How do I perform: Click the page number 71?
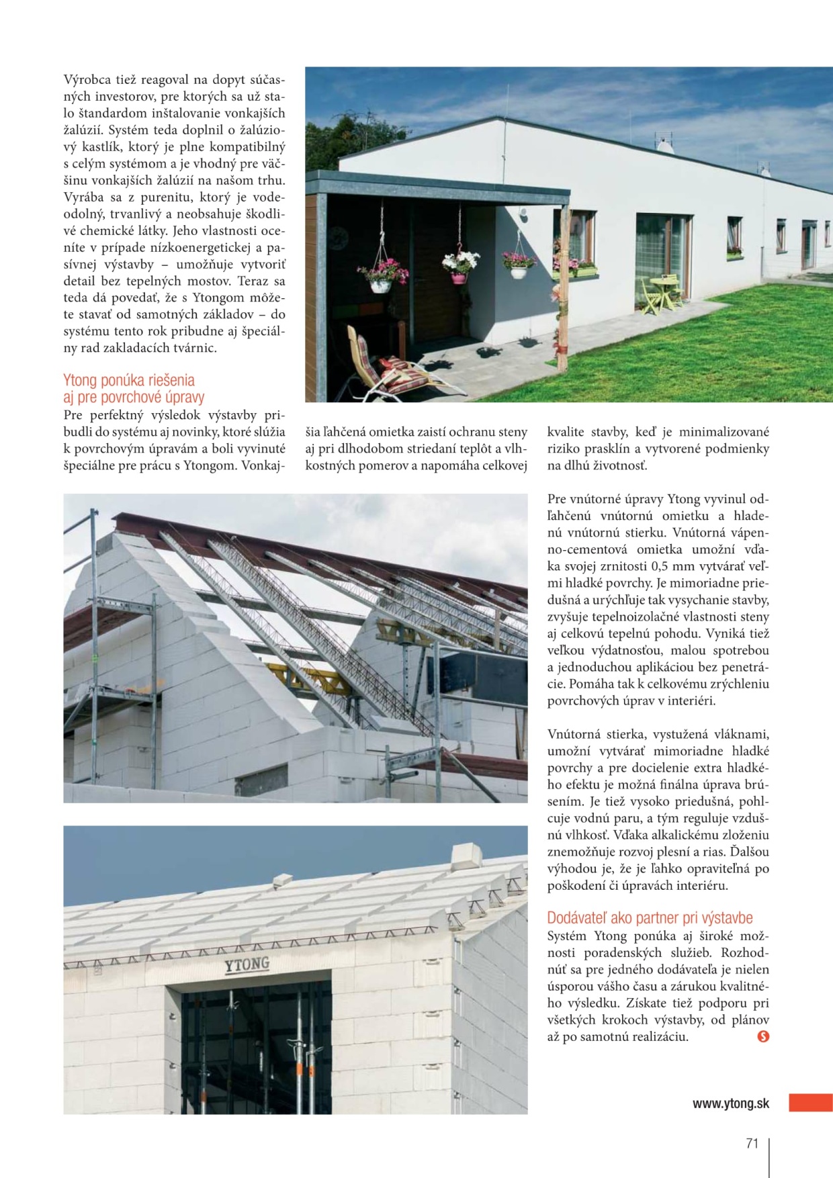(x=752, y=1143)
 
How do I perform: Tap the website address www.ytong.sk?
(x=731, y=1103)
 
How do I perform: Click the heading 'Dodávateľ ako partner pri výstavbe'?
(x=649, y=917)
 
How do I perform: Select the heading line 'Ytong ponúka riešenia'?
(x=129, y=380)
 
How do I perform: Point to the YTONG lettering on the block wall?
(x=247, y=965)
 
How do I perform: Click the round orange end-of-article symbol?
(x=762, y=1036)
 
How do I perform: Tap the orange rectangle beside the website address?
(x=810, y=1102)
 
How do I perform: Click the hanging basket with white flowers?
(x=460, y=264)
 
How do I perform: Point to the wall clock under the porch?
(x=337, y=238)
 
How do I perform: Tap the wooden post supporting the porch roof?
(x=562, y=289)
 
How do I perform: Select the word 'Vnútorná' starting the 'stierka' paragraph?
(x=574, y=734)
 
